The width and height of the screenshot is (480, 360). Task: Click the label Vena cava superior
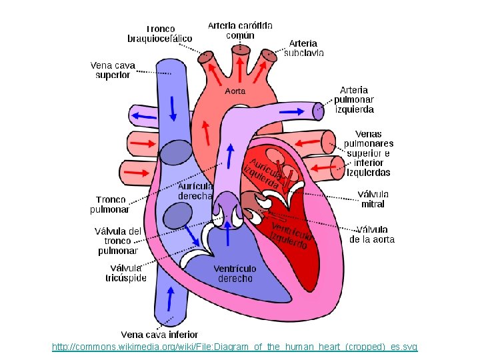point(113,70)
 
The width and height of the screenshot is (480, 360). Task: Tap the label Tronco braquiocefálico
point(160,33)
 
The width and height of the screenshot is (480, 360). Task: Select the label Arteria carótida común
point(240,30)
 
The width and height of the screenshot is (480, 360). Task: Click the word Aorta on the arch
point(235,91)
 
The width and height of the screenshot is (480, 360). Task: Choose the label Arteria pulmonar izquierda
point(356,99)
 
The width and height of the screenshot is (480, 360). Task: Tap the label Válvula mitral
point(373,199)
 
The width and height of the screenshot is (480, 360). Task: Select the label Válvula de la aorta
point(372,234)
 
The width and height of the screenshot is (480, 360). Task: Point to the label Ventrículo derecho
point(235,273)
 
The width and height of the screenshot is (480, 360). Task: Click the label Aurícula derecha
point(195,191)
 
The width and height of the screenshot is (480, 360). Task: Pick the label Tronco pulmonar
point(110,204)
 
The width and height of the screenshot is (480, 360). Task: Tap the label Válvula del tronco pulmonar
point(118,241)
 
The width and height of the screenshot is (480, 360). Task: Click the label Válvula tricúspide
point(126,273)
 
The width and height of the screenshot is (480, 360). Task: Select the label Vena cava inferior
point(159,334)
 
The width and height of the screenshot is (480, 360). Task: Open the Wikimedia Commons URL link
point(235,347)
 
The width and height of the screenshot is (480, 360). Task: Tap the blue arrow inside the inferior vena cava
point(169,299)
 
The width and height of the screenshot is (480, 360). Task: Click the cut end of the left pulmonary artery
point(319,109)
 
